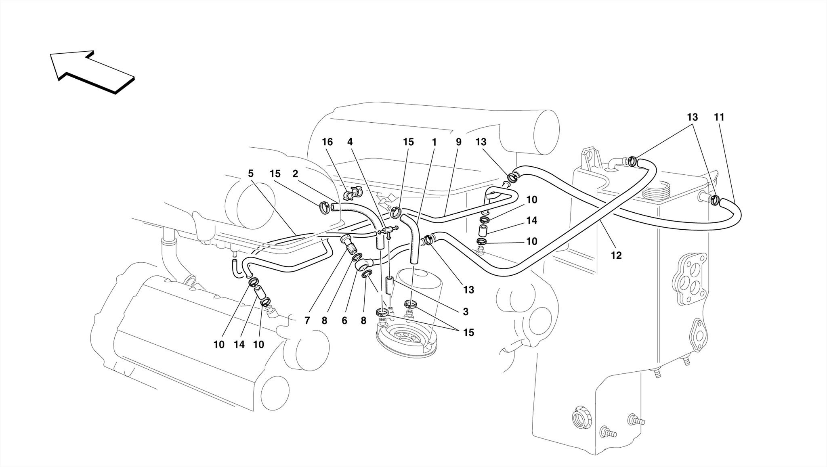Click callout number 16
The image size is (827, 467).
[327, 142]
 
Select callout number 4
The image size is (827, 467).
[350, 142]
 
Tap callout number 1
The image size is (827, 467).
[434, 142]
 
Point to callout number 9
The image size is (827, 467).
[458, 142]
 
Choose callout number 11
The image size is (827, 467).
[719, 117]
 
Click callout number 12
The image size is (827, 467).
[616, 255]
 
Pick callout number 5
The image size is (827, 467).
[251, 174]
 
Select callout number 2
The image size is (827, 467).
[295, 174]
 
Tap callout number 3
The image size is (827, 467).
[466, 312]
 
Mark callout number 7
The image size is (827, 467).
[307, 321]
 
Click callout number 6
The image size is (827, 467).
[344, 321]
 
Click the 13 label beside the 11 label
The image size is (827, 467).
[692, 117]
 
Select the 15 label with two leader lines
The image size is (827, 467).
[468, 333]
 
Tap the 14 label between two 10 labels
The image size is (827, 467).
[239, 345]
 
